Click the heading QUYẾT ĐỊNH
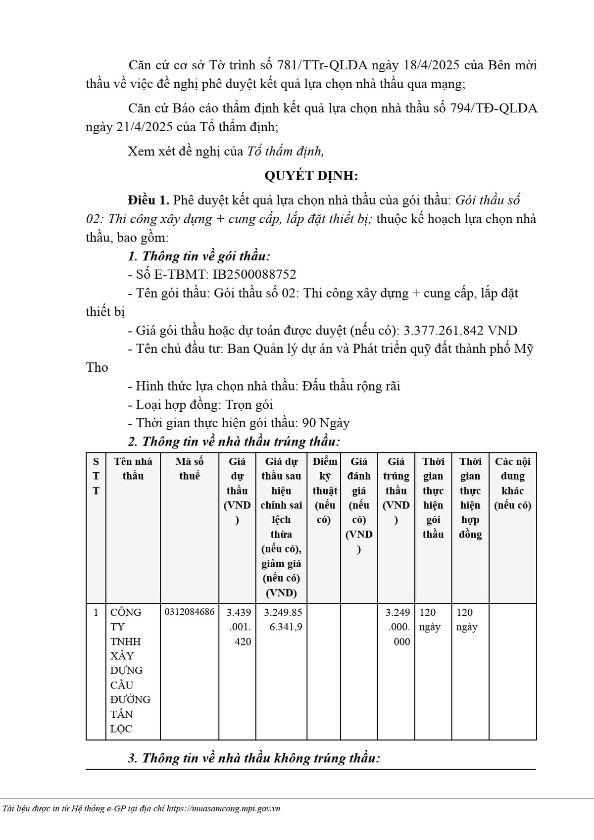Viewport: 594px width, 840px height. tap(311, 176)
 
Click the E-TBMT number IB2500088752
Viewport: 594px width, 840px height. tap(254, 275)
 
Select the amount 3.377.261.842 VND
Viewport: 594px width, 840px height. tap(460, 331)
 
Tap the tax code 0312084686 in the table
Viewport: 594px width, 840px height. tap(190, 612)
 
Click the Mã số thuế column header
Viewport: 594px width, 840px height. tap(190, 469)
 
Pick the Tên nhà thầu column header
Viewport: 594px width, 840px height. tap(133, 469)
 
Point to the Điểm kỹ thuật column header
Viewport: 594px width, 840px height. tap(325, 491)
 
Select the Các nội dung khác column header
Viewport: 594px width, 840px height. tap(512, 483)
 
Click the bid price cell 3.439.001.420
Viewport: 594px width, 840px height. tap(239, 627)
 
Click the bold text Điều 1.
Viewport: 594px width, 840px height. tap(148, 200)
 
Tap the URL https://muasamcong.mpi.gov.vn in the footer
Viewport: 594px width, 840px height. tap(223, 809)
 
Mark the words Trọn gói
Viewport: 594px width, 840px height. tap(249, 405)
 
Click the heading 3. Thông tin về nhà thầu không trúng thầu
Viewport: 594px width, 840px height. tap(254, 758)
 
